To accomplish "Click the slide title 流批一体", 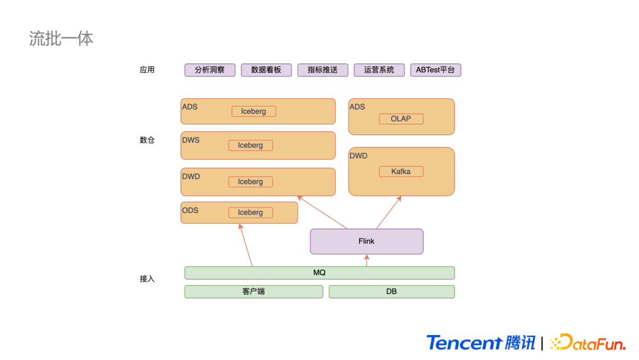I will click(x=61, y=38).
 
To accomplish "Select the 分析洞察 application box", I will click(x=209, y=70).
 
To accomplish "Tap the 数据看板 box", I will click(x=266, y=70).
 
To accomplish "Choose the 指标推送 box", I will click(x=322, y=70).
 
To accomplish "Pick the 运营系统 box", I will click(x=379, y=70).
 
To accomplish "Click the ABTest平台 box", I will click(x=435, y=70).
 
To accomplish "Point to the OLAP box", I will click(x=401, y=119).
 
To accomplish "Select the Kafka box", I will click(x=401, y=172).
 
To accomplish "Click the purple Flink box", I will click(x=366, y=242).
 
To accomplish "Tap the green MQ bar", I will click(x=319, y=273).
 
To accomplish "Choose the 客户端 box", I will click(x=253, y=292).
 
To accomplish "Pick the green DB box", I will click(x=391, y=292).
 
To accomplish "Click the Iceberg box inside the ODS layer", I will click(x=250, y=213).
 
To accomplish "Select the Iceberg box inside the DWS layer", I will click(x=250, y=146).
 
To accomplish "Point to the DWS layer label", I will click(x=191, y=140).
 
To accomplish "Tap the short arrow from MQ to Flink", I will click(x=367, y=261).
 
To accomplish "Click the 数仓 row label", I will click(x=147, y=140).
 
